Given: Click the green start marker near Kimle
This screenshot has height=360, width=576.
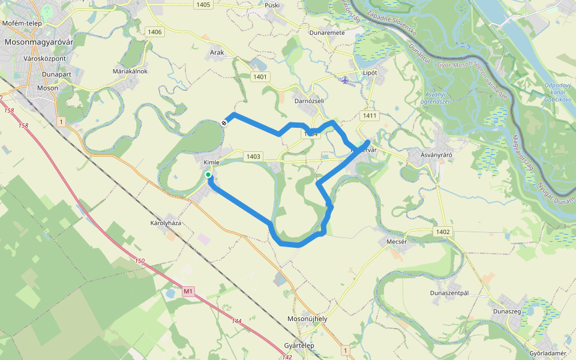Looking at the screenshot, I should (x=208, y=175).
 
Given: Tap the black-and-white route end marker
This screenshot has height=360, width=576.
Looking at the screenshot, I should (x=224, y=122).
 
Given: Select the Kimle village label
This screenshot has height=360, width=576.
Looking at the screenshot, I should (x=211, y=163).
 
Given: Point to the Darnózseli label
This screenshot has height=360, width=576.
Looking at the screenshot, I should (x=309, y=101).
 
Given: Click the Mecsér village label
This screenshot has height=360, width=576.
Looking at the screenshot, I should (x=397, y=242).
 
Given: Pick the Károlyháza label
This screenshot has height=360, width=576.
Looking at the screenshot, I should (x=166, y=223).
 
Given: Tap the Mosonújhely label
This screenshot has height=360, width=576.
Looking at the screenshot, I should (x=307, y=319).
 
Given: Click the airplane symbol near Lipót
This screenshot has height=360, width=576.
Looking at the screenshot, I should (x=344, y=80).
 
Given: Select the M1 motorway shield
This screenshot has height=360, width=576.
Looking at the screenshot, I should (x=188, y=292).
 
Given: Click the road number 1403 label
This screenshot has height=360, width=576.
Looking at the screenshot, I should (x=253, y=157).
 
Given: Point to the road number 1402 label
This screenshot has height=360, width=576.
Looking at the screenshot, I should (x=443, y=232).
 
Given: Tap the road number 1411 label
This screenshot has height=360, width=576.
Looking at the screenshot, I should (x=369, y=115).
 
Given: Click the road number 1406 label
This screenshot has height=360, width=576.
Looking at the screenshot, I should (x=154, y=32).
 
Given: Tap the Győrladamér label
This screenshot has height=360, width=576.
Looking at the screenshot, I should (x=548, y=353).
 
